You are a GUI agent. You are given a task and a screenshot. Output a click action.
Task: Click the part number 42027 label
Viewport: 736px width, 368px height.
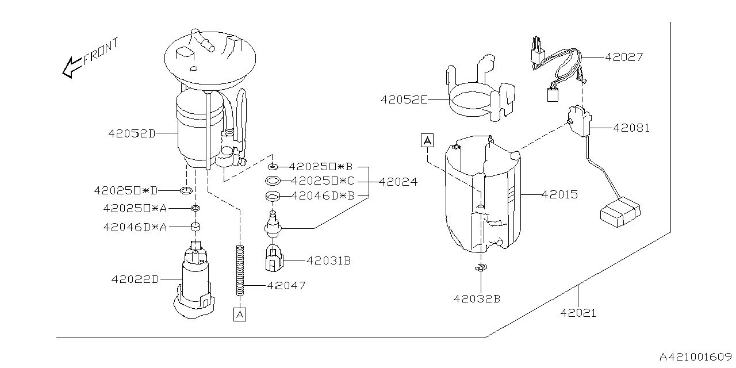click(x=623, y=57)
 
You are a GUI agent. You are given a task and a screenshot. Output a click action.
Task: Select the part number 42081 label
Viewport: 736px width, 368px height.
click(x=631, y=128)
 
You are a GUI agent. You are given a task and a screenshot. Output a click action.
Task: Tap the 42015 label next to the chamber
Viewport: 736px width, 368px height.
click(x=559, y=195)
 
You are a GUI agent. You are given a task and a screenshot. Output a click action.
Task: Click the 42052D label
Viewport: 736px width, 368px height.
click(x=132, y=133)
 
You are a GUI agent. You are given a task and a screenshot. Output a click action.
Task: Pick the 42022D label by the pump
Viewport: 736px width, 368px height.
click(x=135, y=279)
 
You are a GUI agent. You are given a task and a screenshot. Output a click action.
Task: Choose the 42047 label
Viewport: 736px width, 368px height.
click(x=286, y=285)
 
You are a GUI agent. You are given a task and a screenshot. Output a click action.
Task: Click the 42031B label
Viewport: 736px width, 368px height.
click(x=328, y=260)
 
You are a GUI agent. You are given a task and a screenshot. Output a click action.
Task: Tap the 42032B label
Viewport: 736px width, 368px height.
click(x=477, y=298)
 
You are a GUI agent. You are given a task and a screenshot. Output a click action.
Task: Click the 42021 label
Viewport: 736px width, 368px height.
click(x=578, y=313)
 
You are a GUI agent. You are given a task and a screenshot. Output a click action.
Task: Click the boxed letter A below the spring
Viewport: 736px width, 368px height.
click(x=239, y=314)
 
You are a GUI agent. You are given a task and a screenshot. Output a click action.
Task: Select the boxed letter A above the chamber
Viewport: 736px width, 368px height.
click(x=427, y=140)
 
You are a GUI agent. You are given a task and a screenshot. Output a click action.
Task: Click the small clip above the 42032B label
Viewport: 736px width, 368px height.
click(x=480, y=267)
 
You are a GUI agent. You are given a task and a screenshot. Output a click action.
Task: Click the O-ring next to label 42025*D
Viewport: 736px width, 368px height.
click(x=185, y=190)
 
